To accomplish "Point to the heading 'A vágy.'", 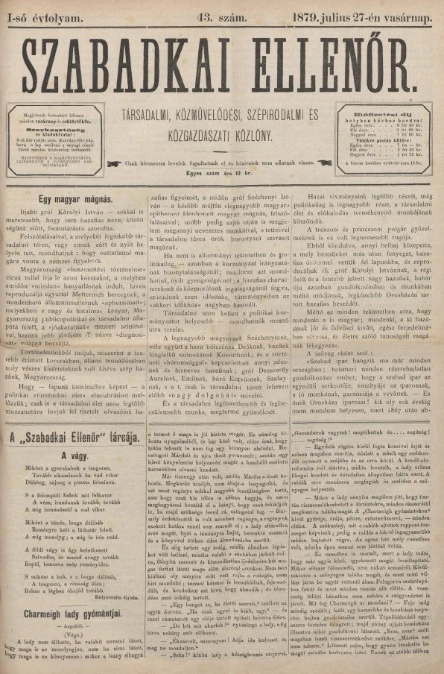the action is pos(75,455).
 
